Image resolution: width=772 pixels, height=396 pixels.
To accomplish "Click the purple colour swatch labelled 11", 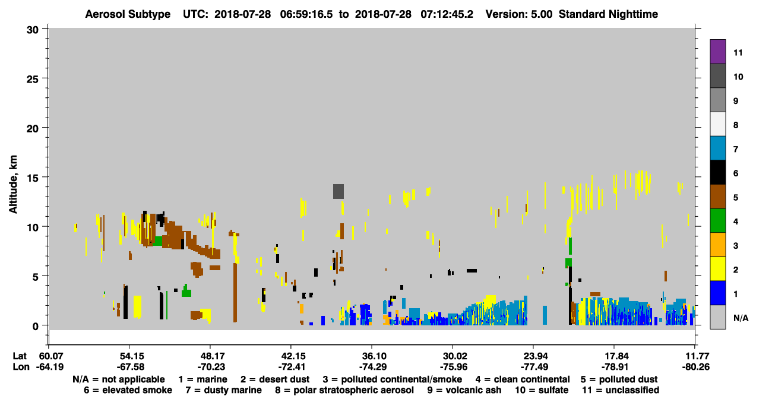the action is tap(717, 51).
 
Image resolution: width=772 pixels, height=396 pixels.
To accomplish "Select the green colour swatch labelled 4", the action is tap(717, 221).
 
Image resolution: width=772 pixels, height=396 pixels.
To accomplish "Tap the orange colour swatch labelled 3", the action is tap(717, 245).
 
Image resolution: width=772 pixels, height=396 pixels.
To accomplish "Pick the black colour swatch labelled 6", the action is tap(717, 172).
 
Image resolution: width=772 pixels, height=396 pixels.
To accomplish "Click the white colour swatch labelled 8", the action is tap(717, 124).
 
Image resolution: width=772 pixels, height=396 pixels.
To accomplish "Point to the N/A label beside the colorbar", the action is tap(741, 318).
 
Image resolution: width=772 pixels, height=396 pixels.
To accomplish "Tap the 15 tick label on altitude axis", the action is tap(33, 178).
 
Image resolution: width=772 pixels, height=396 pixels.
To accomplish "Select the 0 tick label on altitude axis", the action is tap(36, 326).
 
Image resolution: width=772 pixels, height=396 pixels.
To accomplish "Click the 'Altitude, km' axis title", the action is tap(12, 185).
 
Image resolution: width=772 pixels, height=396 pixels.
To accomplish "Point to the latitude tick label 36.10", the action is tap(372, 356).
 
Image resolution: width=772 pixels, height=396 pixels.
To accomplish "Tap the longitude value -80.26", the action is tap(695, 367).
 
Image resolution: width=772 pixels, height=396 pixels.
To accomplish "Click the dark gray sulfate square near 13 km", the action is tap(338, 191).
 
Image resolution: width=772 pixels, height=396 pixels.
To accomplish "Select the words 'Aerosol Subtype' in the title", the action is tap(128, 14).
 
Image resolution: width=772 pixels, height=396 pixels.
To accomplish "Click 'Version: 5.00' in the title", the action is tap(519, 14).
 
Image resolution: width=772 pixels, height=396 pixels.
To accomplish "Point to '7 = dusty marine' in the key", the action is tap(224, 390).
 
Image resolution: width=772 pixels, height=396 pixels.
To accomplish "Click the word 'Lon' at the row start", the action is tap(21, 367).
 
